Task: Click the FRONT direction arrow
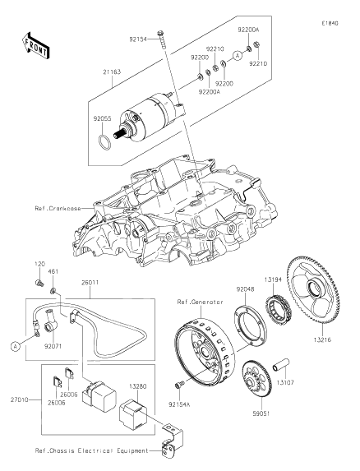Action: [35, 45]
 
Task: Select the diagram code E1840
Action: [330, 23]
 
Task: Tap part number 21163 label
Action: [112, 72]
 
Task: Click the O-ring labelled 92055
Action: [104, 142]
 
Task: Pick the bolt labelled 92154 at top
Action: [161, 39]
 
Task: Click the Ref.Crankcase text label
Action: [58, 208]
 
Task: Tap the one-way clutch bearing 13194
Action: [278, 306]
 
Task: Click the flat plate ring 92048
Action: [250, 326]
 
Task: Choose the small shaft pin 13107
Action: [281, 364]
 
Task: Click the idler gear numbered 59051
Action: [256, 379]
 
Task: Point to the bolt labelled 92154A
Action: [178, 385]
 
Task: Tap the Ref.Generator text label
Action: [200, 302]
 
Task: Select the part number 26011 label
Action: [90, 283]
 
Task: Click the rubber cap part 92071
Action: [50, 322]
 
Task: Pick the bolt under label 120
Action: [39, 282]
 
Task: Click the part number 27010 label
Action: [19, 399]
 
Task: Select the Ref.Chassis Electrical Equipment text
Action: [92, 450]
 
